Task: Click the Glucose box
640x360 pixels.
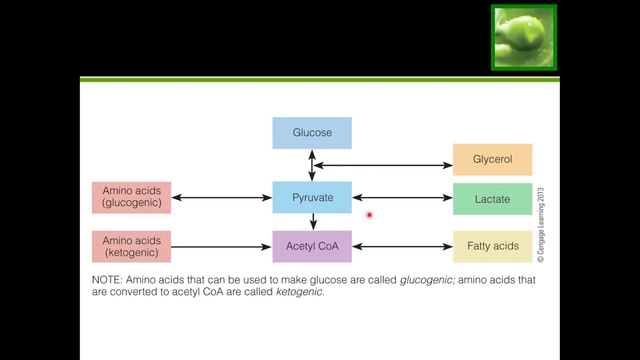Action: point(312,133)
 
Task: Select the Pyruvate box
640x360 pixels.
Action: point(312,197)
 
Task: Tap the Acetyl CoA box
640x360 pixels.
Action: point(312,246)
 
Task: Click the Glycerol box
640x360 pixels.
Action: point(492,159)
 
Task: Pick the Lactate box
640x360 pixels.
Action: point(492,199)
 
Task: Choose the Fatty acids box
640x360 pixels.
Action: point(492,246)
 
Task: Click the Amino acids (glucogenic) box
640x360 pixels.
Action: point(131,197)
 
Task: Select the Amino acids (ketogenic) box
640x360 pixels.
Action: point(131,246)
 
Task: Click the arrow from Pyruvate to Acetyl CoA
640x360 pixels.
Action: point(313,221)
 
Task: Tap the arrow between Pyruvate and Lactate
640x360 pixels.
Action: point(402,197)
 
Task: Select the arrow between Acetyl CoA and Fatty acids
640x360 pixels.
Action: point(402,246)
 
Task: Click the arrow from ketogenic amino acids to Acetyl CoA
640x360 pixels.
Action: point(221,246)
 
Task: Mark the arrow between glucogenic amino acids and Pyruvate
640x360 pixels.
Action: point(221,197)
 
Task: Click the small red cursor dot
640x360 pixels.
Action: point(369,215)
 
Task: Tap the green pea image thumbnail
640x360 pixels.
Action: point(523,37)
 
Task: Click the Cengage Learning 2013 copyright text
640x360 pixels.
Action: point(540,225)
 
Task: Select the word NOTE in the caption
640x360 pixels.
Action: point(106,280)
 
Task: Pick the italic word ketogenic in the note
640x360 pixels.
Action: point(299,292)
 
